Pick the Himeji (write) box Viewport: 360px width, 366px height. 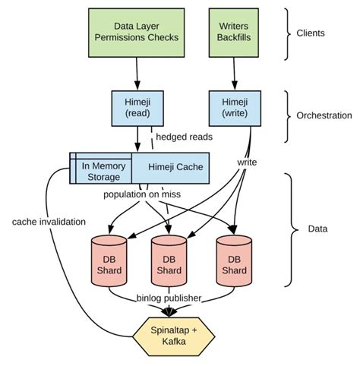pyautogui.click(x=235, y=107)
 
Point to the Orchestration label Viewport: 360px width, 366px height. pyautogui.click(x=323, y=116)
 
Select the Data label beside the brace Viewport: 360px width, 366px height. pyautogui.click(x=312, y=228)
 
